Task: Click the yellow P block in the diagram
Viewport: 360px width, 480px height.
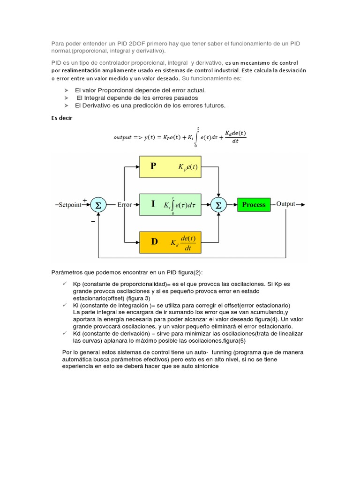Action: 170,166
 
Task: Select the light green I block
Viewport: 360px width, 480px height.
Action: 170,204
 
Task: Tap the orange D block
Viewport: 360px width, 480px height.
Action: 170,242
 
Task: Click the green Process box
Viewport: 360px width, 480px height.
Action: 254,205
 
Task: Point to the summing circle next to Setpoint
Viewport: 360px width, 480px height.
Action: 98,205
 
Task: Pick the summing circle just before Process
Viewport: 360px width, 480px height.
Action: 218,205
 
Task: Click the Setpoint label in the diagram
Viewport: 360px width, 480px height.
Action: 69,205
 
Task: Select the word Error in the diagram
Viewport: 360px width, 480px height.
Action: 125,205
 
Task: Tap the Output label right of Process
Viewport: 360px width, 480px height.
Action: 286,204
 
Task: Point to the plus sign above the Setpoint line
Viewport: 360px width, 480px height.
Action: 85,200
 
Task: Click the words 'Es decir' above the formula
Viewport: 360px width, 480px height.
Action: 62,118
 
